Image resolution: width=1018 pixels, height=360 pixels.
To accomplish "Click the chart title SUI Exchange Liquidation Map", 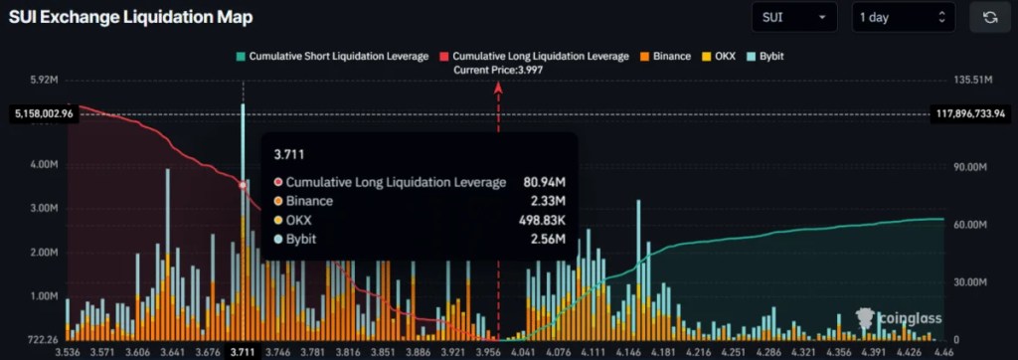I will click(130, 17).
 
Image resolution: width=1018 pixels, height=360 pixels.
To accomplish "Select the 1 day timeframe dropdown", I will click(903, 17).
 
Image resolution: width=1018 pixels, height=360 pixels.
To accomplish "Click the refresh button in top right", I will click(990, 17).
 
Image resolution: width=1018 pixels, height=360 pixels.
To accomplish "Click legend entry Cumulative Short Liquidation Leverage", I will click(332, 57).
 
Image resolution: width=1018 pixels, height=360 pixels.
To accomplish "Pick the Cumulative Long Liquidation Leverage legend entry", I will click(534, 57).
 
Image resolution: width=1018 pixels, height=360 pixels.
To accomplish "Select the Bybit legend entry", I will click(767, 57).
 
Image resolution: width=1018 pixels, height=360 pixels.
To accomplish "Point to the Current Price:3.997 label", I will click(498, 70).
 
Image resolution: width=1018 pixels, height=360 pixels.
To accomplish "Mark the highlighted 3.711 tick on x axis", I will click(243, 351).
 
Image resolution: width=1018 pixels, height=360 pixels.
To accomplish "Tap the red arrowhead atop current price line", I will click(498, 87).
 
